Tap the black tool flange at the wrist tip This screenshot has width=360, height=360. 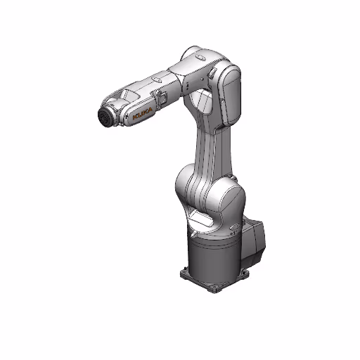click(x=104, y=117)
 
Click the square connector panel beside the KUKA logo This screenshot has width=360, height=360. click(x=160, y=101)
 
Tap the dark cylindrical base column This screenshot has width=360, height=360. click(x=211, y=253)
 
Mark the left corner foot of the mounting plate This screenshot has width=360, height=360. click(x=184, y=270)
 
